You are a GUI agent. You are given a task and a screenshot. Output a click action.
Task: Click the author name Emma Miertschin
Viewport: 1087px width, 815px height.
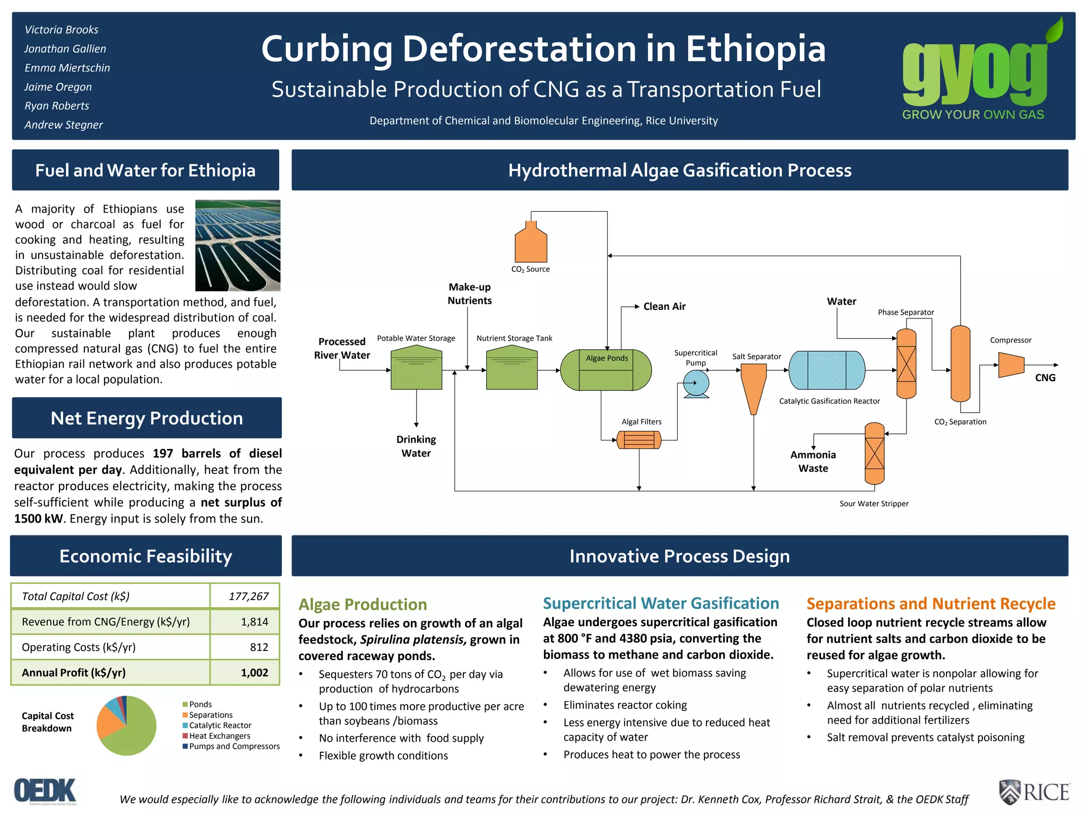pos(67,68)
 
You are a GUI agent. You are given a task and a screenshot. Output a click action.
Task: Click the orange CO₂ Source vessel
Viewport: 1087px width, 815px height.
pos(531,242)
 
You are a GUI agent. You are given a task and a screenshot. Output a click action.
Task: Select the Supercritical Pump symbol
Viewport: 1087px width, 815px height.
pos(696,383)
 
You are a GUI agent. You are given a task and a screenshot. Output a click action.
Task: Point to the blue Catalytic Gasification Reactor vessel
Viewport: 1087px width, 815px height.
pos(826,370)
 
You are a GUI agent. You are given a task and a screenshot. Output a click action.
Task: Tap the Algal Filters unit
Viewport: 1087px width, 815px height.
pos(639,440)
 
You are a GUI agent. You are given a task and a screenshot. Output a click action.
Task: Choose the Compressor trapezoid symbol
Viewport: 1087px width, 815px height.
pos(1011,365)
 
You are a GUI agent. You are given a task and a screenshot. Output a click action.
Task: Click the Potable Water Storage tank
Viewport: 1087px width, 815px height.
pos(416,368)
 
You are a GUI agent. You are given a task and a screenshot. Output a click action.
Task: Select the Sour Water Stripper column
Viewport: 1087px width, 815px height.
pos(874,454)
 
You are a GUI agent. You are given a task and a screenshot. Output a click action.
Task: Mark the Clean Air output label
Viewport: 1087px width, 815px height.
pos(664,306)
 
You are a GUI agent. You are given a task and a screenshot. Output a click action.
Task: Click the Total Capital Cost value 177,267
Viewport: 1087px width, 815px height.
pos(248,596)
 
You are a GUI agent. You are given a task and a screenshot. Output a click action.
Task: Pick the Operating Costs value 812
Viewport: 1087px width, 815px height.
pos(259,647)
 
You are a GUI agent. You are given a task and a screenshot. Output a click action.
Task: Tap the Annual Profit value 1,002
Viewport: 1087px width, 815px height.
pos(254,673)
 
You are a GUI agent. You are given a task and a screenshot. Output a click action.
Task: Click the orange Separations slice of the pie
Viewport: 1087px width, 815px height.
pos(109,722)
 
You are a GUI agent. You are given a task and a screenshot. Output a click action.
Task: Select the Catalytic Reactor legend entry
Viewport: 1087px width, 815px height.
pos(220,725)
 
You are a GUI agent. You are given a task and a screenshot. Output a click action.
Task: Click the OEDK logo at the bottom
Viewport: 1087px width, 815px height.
pos(46,791)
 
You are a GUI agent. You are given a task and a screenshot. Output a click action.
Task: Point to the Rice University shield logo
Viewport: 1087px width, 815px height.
pos(1010,792)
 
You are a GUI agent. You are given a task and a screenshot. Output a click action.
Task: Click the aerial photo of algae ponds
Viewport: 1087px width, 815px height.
pos(238,245)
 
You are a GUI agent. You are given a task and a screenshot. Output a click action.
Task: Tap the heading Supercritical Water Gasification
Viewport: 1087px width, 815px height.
pos(661,603)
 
